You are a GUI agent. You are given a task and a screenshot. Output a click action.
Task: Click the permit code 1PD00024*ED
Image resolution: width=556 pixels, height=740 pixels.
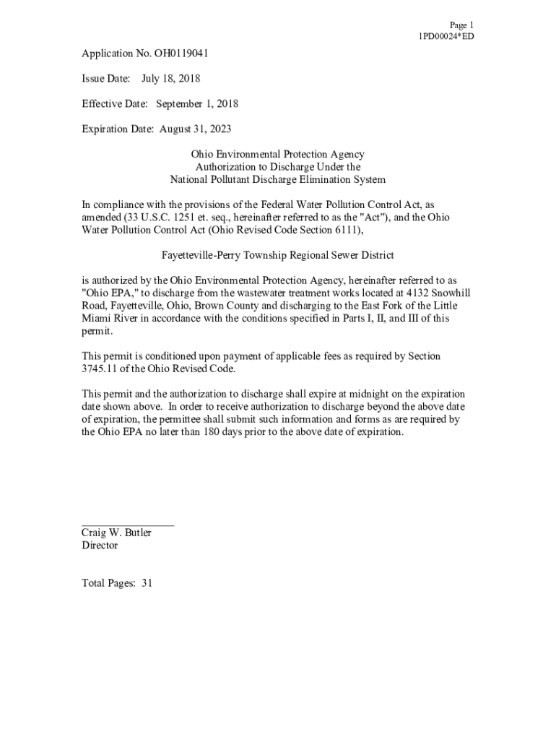(x=446, y=36)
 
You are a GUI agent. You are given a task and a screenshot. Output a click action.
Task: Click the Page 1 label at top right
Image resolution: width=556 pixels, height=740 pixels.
(x=461, y=25)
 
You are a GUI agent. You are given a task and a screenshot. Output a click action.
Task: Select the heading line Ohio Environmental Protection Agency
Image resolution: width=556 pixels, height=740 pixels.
(x=277, y=154)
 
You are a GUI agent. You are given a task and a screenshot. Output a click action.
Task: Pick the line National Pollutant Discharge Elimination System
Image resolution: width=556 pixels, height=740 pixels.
(x=277, y=179)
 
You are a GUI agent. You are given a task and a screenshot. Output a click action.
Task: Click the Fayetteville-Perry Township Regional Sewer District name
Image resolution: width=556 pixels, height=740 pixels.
(x=277, y=255)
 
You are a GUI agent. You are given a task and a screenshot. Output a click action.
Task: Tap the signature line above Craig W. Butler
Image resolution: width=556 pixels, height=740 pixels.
(x=128, y=525)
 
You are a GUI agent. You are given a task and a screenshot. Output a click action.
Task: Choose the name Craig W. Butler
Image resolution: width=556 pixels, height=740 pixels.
(x=116, y=533)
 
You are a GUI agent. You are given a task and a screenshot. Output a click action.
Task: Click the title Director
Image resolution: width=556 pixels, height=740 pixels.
(x=100, y=546)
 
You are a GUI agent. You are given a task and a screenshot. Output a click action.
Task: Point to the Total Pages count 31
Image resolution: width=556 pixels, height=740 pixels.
(x=147, y=583)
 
